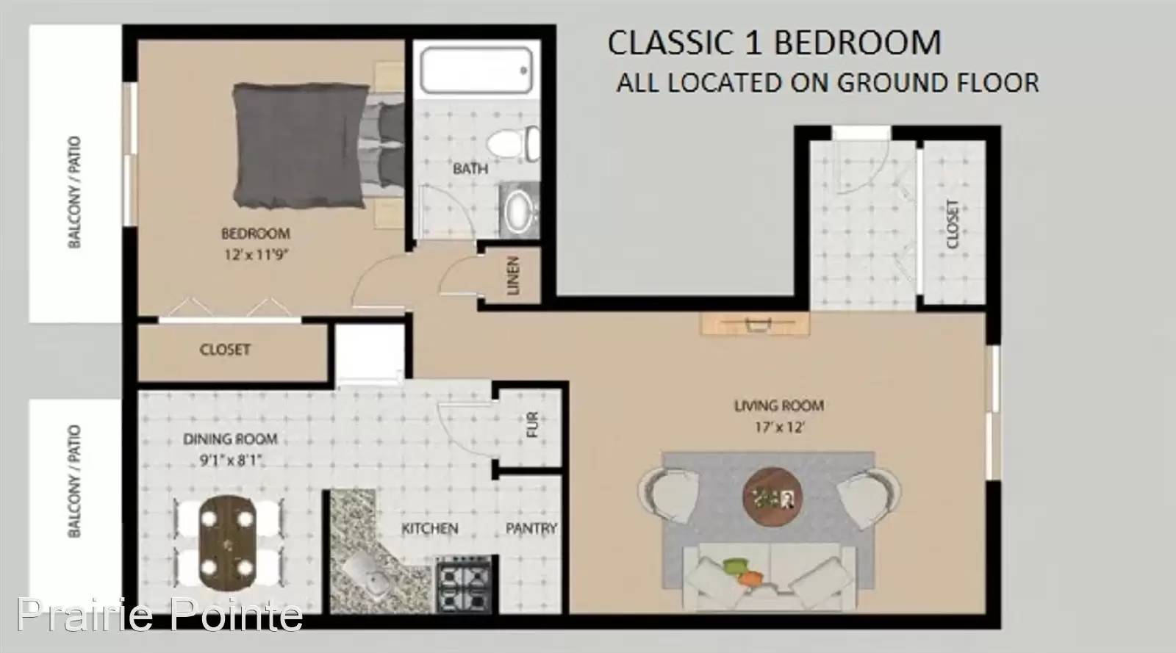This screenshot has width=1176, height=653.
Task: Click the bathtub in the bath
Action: coord(476,71)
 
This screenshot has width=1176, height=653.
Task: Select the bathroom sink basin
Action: coord(518,211)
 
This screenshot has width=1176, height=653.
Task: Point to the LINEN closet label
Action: coord(513,275)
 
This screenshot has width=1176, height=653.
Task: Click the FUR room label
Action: coord(532,425)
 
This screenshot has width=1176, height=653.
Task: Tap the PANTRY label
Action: coord(531,528)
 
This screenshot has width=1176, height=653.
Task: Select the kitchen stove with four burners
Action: coord(464,584)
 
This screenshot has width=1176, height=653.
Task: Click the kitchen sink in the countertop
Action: coord(367,576)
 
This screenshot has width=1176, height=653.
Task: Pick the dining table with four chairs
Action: coord(227,542)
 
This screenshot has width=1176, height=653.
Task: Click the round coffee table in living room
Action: coord(772,496)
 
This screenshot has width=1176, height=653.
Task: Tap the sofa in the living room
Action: coord(770,577)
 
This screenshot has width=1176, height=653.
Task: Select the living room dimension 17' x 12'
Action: coord(780,427)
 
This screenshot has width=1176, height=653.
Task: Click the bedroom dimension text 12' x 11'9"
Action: coord(257,255)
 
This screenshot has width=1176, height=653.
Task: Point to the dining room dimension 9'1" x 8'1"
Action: coord(231,461)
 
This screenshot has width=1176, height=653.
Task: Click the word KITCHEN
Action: coord(430,528)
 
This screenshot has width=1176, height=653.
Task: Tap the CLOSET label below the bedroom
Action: coord(225,350)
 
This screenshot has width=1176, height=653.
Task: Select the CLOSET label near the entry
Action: coord(953,224)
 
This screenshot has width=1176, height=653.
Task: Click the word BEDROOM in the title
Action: coord(858,43)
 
